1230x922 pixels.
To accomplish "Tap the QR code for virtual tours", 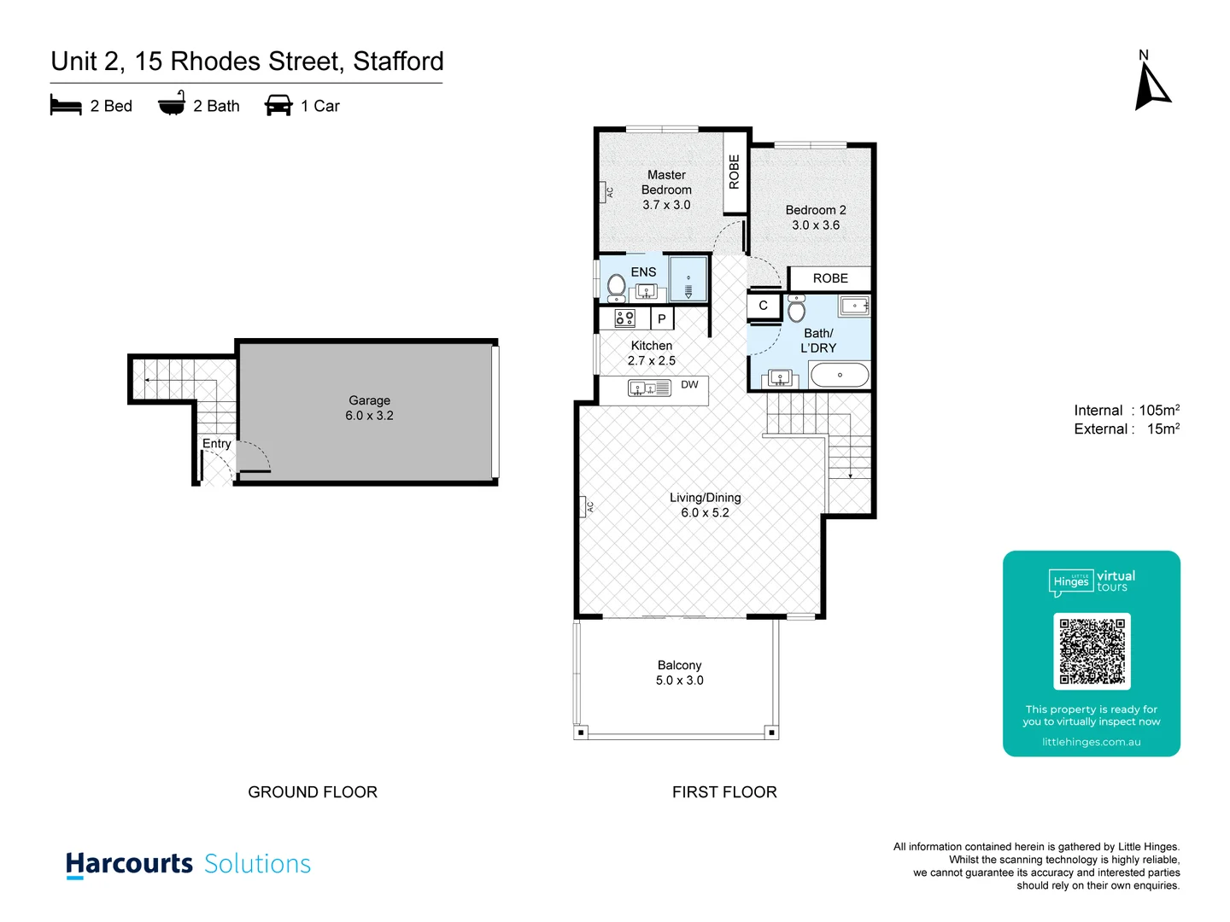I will [x=1092, y=651].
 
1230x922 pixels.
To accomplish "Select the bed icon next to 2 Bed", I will [x=66, y=106].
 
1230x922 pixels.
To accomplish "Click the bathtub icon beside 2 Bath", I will [x=172, y=103].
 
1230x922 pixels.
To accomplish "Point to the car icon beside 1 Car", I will [x=278, y=106].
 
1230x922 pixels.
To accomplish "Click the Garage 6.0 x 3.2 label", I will [x=369, y=408].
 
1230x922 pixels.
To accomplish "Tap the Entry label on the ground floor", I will [x=216, y=444].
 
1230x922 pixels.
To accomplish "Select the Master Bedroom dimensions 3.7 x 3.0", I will [x=666, y=205].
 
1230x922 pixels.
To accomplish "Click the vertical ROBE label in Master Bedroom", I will [x=735, y=172].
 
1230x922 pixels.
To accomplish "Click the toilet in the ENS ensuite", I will [x=616, y=288].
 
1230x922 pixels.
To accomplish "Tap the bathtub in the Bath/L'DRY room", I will [x=839, y=375].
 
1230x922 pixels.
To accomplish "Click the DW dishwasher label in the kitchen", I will [x=689, y=385].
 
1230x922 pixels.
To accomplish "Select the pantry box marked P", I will [x=662, y=319].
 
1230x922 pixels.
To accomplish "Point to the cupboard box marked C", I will [x=764, y=306].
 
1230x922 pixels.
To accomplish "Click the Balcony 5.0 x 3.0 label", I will [x=679, y=673].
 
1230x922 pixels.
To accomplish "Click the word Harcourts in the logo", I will [x=130, y=864].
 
